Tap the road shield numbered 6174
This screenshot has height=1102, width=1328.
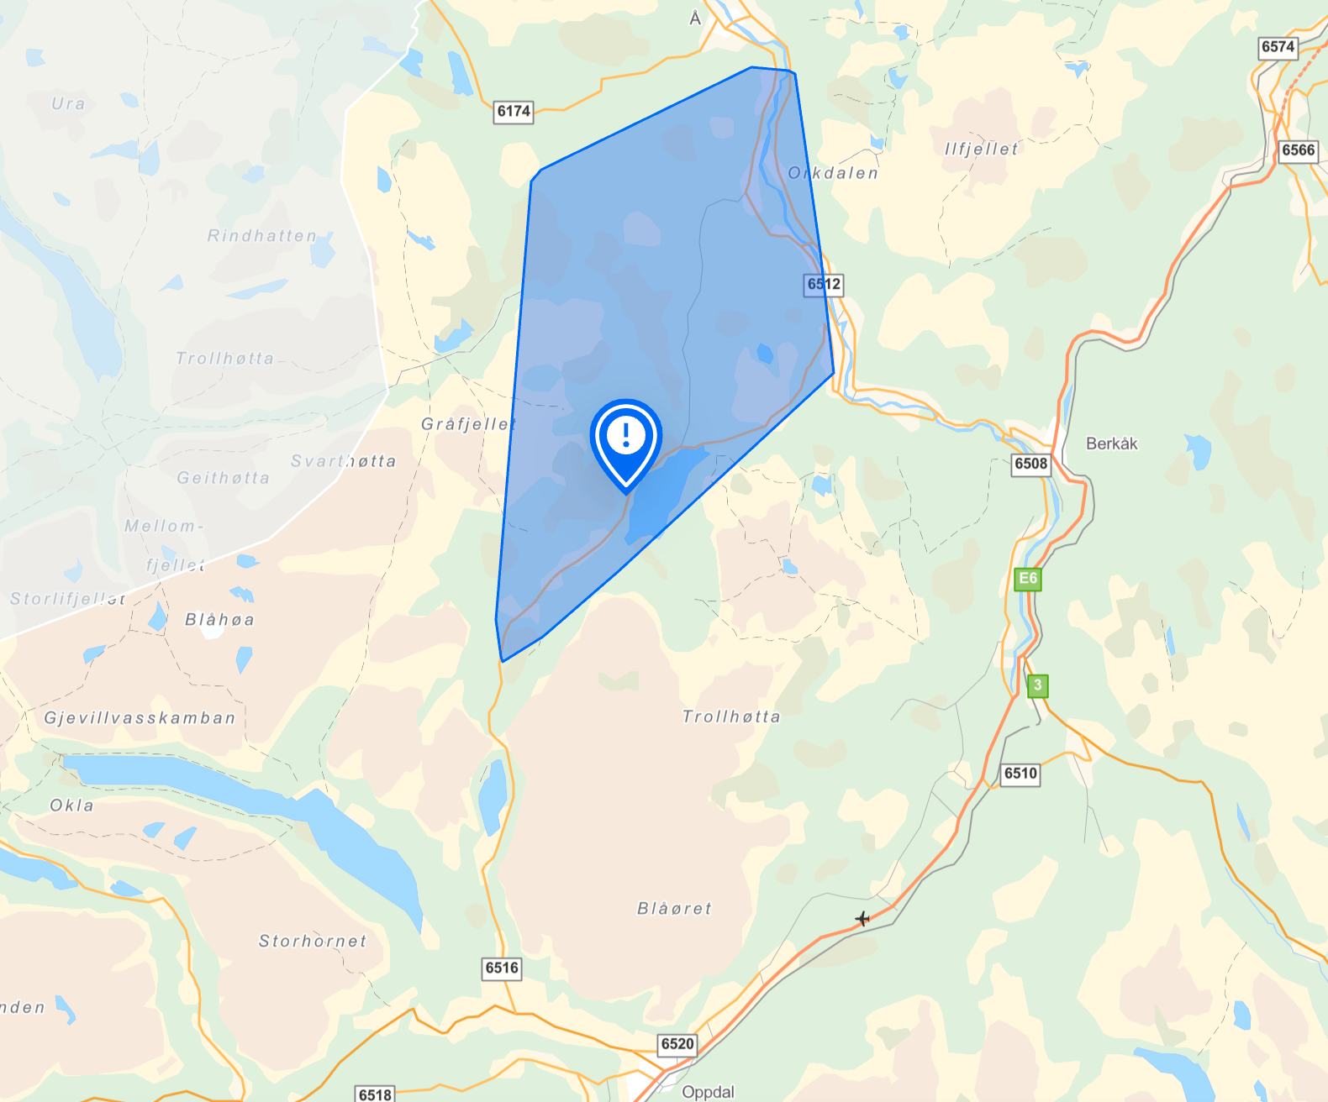click(514, 111)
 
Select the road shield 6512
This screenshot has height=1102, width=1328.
click(824, 284)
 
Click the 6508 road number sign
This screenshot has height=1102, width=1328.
click(1031, 464)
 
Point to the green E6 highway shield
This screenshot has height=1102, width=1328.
click(1027, 579)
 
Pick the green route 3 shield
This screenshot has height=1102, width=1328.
click(1038, 685)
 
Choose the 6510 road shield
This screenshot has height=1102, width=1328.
click(1020, 774)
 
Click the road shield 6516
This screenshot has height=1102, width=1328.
click(502, 968)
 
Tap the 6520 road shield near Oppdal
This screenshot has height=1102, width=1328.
click(677, 1044)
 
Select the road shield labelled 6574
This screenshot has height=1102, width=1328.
click(1278, 47)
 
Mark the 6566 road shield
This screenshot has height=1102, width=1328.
click(1298, 150)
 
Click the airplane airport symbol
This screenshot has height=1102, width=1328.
click(862, 918)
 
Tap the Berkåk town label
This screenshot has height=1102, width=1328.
click(1111, 443)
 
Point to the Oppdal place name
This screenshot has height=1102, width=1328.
click(708, 1091)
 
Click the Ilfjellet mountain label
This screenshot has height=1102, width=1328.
click(981, 149)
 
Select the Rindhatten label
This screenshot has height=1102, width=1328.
click(262, 236)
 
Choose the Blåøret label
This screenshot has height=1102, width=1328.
click(674, 908)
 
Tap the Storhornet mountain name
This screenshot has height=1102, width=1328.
click(313, 941)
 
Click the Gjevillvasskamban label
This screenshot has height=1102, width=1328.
click(140, 718)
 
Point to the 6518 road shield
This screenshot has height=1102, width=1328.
click(375, 1094)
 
